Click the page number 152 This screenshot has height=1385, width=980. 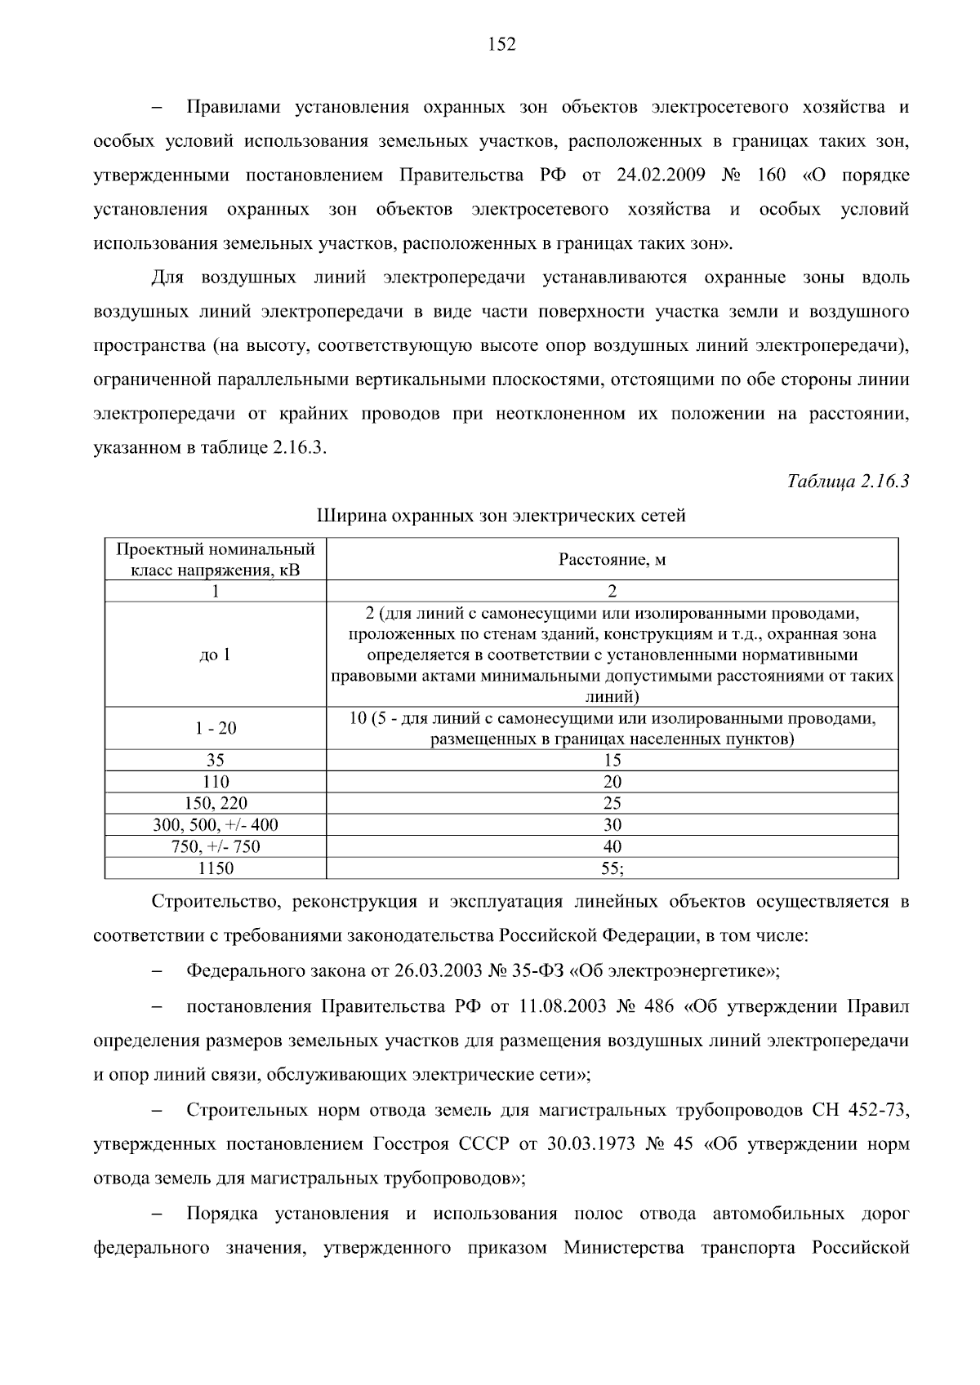point(501,45)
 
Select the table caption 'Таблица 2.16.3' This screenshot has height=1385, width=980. point(848,482)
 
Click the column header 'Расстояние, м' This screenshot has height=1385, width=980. point(612,559)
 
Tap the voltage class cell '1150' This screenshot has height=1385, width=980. point(216,868)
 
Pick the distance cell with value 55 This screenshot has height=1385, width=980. point(612,868)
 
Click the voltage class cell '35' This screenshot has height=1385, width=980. point(216,760)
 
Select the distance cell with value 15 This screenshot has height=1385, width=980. point(612,760)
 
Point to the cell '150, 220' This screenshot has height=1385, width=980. point(216,803)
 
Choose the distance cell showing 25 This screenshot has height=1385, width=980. point(612,803)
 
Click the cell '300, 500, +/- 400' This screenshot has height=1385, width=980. point(216,825)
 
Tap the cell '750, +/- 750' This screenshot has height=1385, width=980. point(216,846)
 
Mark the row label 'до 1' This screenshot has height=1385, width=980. point(216,655)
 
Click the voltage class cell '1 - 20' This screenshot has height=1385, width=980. point(216,728)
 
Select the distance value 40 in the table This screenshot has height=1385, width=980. point(612,846)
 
